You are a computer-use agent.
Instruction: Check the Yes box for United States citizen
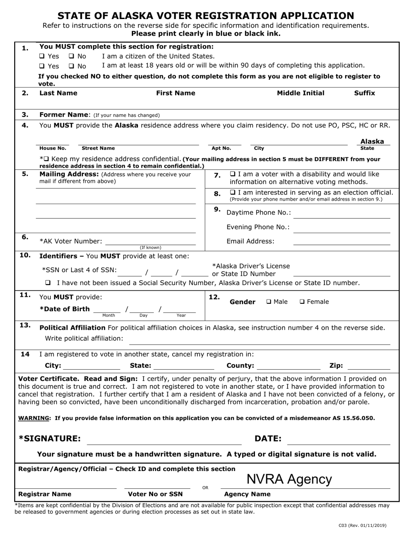42,56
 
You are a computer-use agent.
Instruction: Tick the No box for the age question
72,66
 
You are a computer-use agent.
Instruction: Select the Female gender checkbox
302,302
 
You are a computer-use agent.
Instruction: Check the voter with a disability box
232,174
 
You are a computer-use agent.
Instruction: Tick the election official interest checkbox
232,192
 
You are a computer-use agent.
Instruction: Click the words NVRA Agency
289,479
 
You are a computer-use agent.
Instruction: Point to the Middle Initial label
301,93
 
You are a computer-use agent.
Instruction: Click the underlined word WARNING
34,418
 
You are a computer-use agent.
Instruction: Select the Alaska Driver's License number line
342,273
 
